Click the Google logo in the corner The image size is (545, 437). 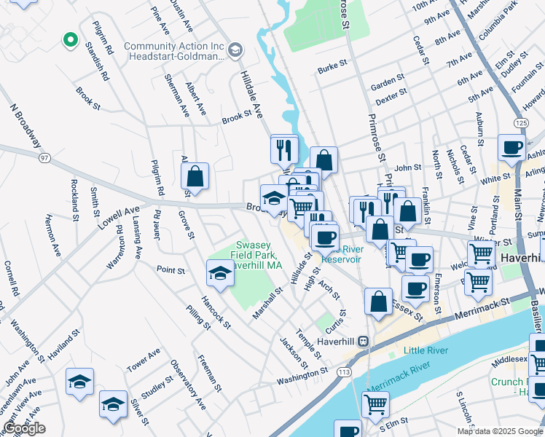[24, 428]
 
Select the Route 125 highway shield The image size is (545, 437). [519, 123]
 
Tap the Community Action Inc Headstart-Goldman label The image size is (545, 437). [173, 51]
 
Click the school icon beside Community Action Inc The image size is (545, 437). [235, 50]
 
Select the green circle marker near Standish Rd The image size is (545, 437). [70, 40]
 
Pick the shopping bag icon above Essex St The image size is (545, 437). [378, 302]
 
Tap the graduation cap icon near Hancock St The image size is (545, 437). [220, 274]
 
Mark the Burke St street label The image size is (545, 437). [332, 69]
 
